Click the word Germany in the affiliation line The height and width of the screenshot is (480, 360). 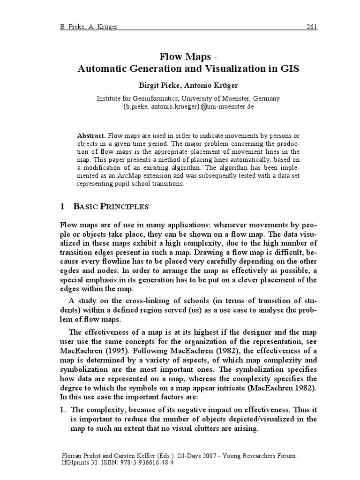pyautogui.click(x=266, y=98)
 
